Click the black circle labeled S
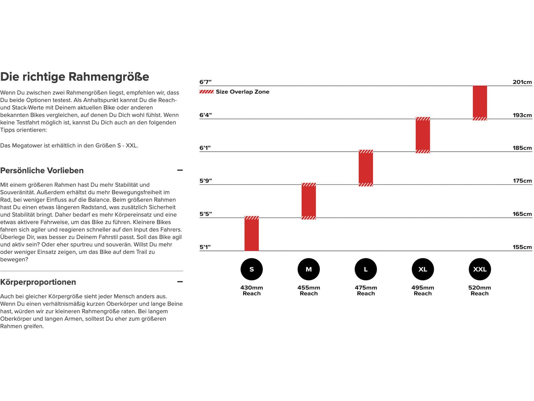click(x=252, y=269)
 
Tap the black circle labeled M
click(x=309, y=269)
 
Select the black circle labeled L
click(x=366, y=269)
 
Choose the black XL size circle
click(x=423, y=269)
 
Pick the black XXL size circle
click(x=480, y=269)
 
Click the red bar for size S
click(x=252, y=234)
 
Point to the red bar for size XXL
click(x=480, y=102)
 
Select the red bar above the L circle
click(x=366, y=168)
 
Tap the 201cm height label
click(x=522, y=82)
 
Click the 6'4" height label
click(x=206, y=115)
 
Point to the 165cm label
click(x=522, y=214)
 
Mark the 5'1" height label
click(x=205, y=247)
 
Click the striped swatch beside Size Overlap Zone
click(x=207, y=92)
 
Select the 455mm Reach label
click(x=309, y=290)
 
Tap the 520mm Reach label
click(x=480, y=290)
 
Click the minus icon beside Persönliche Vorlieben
click(x=180, y=170)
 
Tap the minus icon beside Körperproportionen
click(x=180, y=282)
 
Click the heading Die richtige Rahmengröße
click(x=75, y=77)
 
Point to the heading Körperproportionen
click(x=38, y=282)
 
